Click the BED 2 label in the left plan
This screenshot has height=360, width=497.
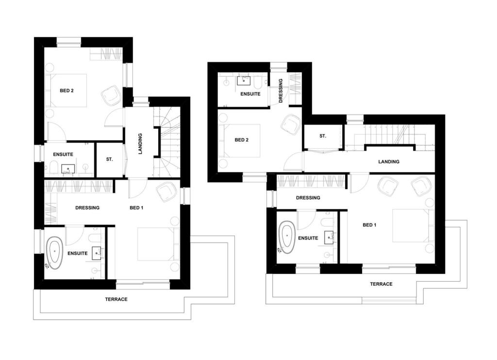pyautogui.click(x=66, y=90)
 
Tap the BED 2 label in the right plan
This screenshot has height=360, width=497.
pyautogui.click(x=242, y=140)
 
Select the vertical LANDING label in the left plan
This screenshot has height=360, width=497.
pyautogui.click(x=140, y=143)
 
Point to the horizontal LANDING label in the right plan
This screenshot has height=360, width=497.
pyautogui.click(x=389, y=162)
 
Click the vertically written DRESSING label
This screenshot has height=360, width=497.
pyautogui.click(x=281, y=91)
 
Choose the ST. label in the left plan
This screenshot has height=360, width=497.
pyautogui.click(x=109, y=159)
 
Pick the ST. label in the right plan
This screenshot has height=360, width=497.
pyautogui.click(x=323, y=137)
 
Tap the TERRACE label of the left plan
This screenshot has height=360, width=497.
pyautogui.click(x=116, y=299)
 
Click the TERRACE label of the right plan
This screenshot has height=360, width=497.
pyautogui.click(x=381, y=284)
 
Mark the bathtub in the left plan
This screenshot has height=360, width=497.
pyautogui.click(x=55, y=253)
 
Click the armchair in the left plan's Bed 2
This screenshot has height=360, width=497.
pyautogui.click(x=111, y=95)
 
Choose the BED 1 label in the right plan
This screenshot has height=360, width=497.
pyautogui.click(x=370, y=225)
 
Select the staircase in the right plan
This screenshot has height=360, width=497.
pyautogui.click(x=383, y=134)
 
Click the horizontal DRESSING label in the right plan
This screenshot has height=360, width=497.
pyautogui.click(x=308, y=198)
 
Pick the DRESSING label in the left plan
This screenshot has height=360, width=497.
pyautogui.click(x=87, y=208)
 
